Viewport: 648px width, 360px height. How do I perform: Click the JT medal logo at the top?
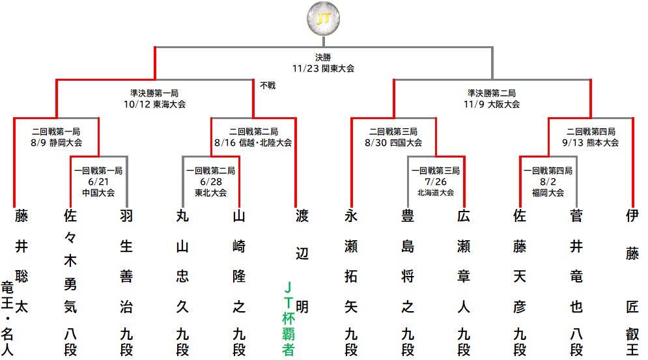[323, 20]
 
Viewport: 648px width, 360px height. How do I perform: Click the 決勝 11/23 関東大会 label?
[324, 62]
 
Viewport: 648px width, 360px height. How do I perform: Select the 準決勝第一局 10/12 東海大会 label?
[154, 98]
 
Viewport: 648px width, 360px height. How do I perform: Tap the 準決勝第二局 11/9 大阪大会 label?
[492, 98]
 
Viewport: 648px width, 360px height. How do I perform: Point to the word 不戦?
[268, 85]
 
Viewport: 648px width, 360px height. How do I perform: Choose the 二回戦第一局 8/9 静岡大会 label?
[57, 137]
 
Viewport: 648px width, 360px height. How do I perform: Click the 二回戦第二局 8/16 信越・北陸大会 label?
[253, 137]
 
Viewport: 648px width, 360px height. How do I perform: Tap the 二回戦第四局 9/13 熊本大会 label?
[591, 137]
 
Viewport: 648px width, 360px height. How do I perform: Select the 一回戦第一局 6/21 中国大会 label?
[98, 181]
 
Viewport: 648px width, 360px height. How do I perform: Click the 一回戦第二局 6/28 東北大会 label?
[211, 181]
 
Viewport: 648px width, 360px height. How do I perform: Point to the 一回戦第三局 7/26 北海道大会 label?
[436, 181]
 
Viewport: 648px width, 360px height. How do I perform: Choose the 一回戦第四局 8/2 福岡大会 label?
[548, 181]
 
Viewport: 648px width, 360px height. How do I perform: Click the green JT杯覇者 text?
[289, 317]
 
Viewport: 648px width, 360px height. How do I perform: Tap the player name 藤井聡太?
[22, 260]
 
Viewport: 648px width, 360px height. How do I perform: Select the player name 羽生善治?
[126, 260]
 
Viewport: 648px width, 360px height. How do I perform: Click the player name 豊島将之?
[407, 260]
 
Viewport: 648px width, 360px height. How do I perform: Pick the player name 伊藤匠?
[632, 260]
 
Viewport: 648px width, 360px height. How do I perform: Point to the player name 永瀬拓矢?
[351, 260]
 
